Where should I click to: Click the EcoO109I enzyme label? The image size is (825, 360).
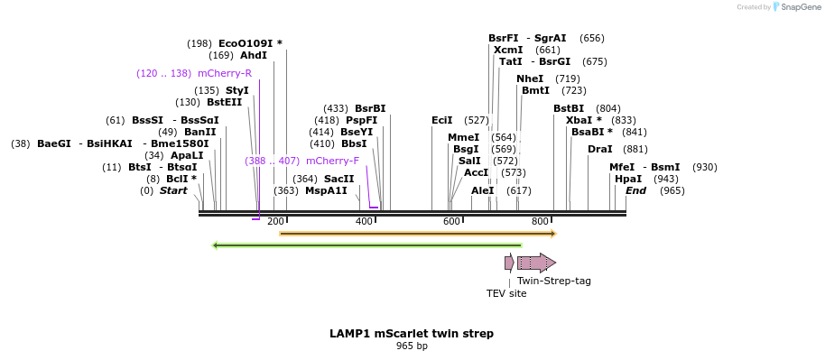point(250,42)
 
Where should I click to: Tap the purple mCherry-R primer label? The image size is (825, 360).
point(225,72)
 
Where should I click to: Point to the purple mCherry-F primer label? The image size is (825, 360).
point(332,161)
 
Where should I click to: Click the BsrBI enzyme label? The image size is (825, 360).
point(370,108)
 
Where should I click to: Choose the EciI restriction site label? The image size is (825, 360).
point(442,119)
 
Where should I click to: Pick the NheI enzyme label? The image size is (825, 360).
point(530,78)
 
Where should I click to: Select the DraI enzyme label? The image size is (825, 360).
point(599,149)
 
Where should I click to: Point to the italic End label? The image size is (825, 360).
point(635,190)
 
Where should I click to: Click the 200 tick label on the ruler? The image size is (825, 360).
point(276,221)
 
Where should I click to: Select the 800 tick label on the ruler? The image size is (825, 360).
point(541,221)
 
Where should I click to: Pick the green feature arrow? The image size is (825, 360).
point(366,245)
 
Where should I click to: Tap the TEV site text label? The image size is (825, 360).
point(506,293)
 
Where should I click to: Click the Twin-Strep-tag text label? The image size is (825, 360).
point(554,281)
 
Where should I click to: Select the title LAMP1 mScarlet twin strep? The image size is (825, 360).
point(412,333)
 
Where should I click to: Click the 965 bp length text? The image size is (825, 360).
point(412,346)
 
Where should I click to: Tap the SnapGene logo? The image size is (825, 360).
point(794,6)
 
